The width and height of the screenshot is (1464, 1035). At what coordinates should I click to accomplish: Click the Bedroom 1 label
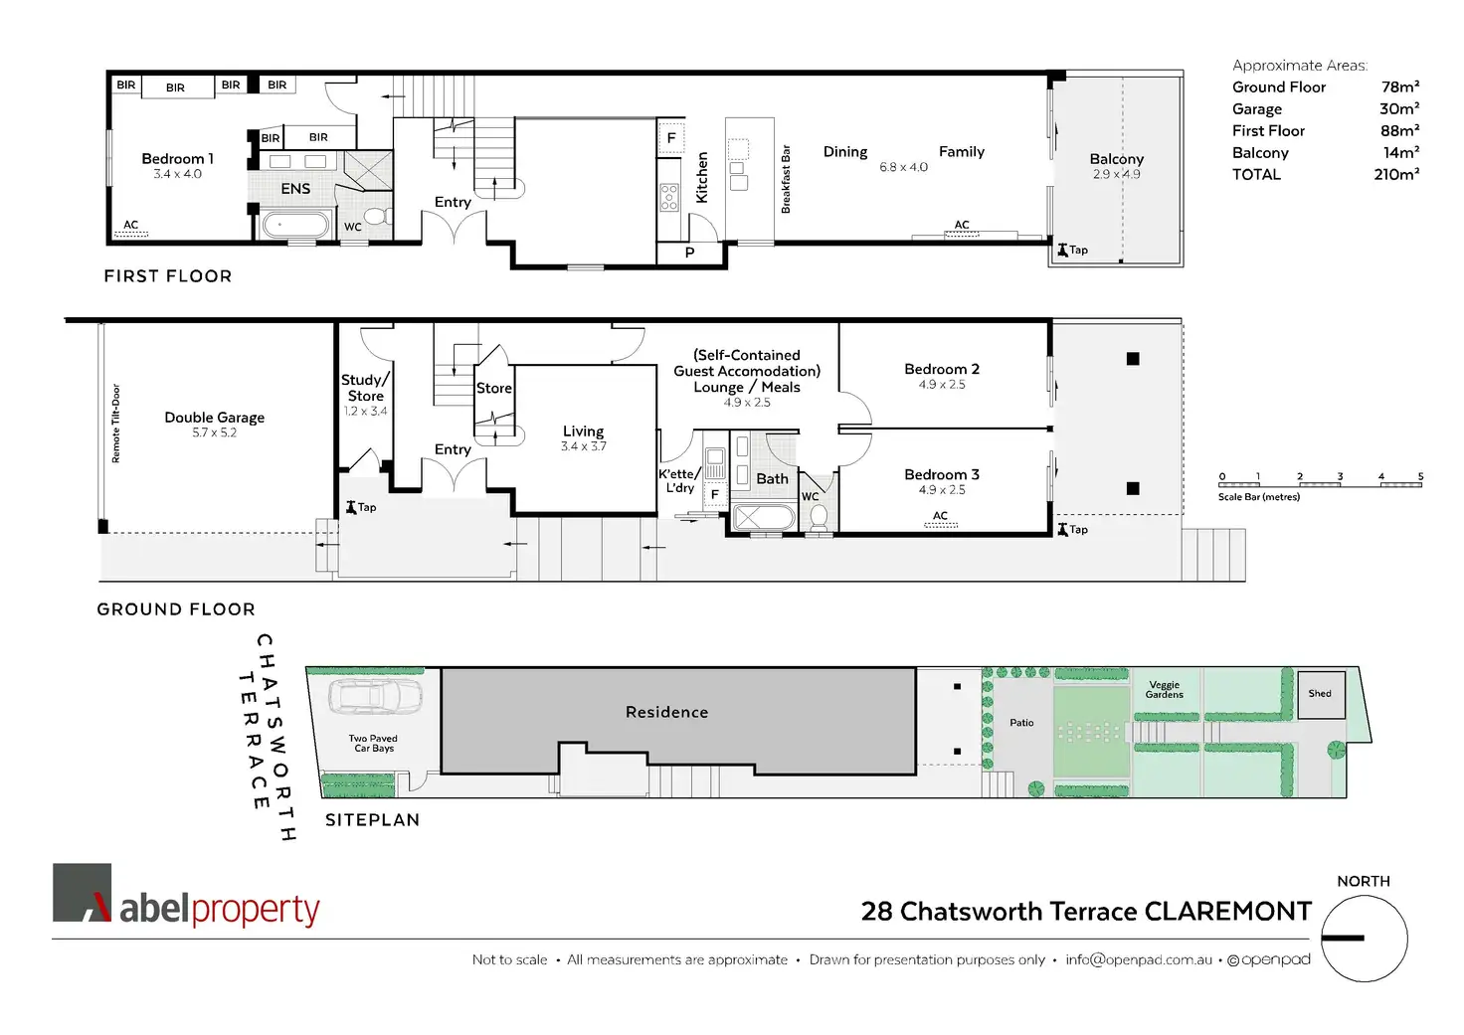pos(177,159)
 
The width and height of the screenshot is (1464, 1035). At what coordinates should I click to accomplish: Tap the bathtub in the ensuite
pos(294,225)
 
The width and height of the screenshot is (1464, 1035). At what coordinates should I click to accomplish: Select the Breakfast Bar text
pos(786,179)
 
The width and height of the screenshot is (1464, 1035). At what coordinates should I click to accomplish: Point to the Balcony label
pos(1116,159)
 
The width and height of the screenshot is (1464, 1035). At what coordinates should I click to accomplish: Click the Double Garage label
pos(214,418)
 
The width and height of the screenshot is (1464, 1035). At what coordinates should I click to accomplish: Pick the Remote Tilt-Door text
pos(115,424)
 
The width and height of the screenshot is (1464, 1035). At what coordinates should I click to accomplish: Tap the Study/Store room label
pos(365,388)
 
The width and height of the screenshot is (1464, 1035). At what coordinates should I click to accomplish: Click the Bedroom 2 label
pos(942,369)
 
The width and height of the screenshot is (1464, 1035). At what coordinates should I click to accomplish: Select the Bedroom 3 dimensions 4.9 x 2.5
pos(942,490)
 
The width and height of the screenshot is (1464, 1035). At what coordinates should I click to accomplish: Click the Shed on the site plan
pos(1320,694)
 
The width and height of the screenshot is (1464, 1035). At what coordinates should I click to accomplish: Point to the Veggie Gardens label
pos(1164,689)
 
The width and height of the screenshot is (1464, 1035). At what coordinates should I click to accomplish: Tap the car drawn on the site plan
pos(375,696)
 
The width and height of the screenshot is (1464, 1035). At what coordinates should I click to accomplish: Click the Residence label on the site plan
pos(666,712)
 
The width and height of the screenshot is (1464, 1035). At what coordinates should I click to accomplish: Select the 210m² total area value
pos(1396,174)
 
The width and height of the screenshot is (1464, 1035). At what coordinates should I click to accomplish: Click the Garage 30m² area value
pos(1398,108)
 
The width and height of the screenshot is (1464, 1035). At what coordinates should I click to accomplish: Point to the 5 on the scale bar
pos(1420,477)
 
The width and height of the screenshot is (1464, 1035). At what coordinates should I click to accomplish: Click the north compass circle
pos(1364,939)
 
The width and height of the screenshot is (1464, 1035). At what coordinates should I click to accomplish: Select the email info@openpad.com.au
pos(1138,959)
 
